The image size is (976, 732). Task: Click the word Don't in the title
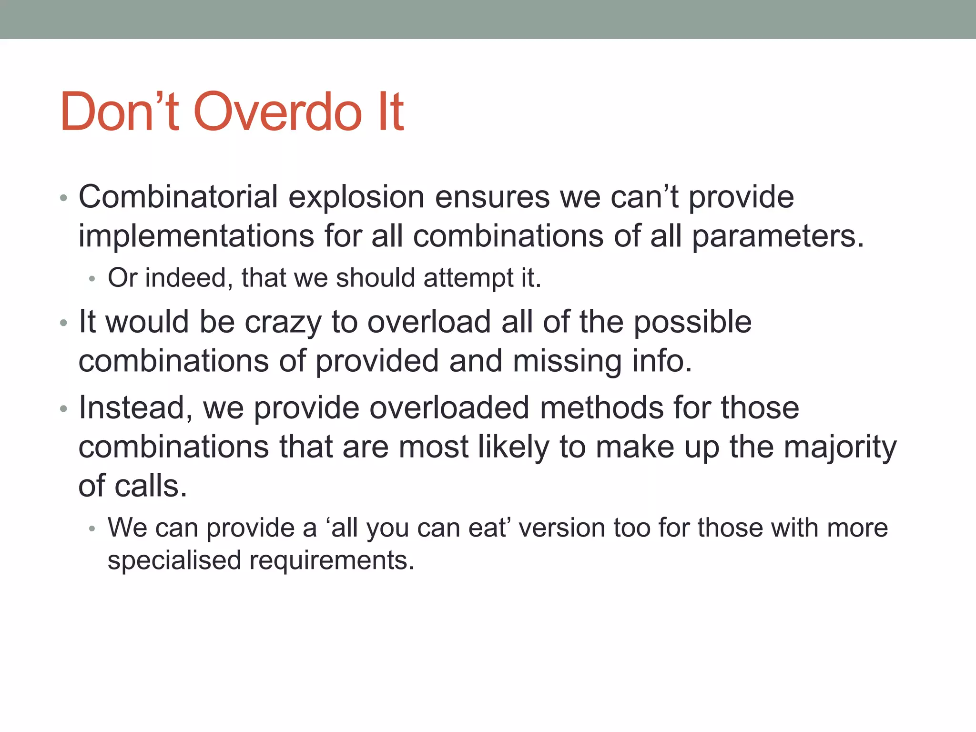pos(119,112)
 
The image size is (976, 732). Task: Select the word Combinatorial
pos(178,197)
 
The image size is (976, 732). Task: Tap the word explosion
pos(356,197)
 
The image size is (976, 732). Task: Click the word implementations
pos(196,236)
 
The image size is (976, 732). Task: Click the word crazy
pos(283,322)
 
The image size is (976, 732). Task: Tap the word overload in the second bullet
pos(429,322)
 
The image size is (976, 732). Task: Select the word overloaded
pos(449,408)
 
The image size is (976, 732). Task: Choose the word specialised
pos(174,560)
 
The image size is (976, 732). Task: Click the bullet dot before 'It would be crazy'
pos(64,324)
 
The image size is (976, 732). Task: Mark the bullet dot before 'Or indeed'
pos(92,279)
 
